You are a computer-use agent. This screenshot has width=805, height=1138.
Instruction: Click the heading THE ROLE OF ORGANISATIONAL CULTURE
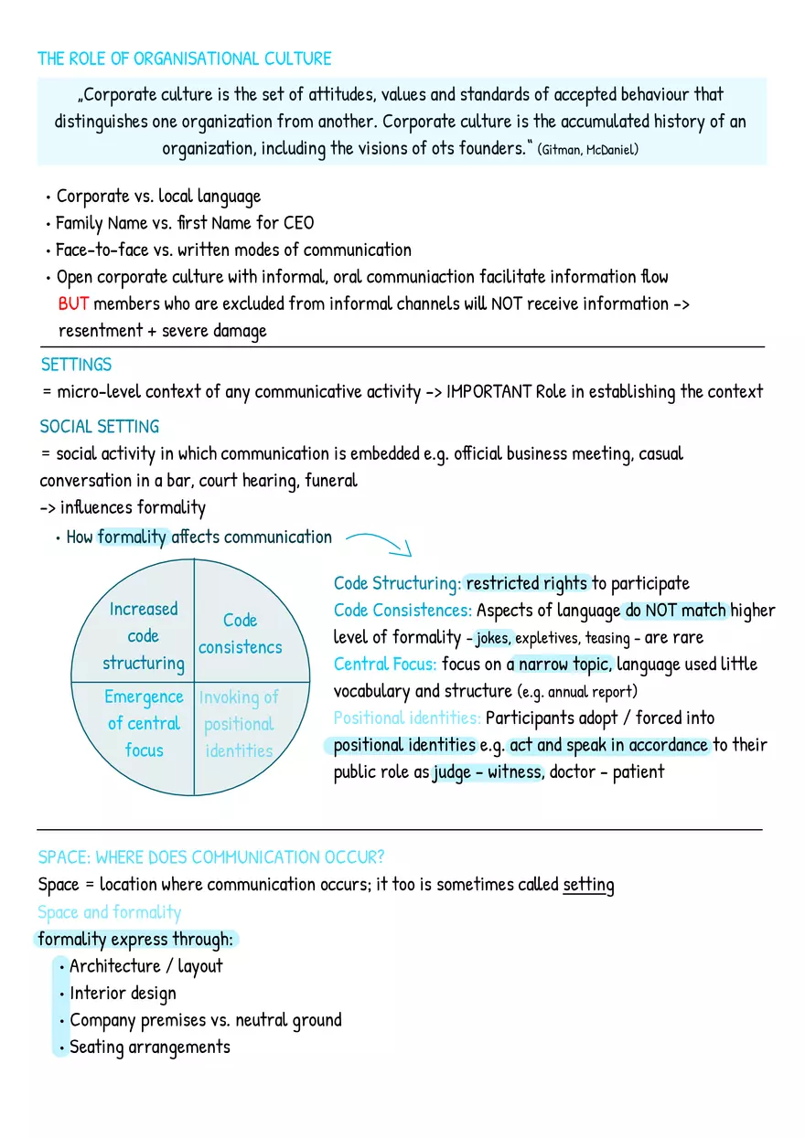tap(184, 59)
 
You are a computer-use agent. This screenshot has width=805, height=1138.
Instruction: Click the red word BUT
tap(73, 303)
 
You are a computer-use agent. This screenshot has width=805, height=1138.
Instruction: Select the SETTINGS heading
tap(76, 365)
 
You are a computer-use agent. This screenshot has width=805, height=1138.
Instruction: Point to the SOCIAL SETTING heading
tap(99, 427)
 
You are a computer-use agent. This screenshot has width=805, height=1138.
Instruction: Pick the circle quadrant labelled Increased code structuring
tap(143, 635)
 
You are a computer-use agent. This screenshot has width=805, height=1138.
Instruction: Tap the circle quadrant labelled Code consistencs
tap(240, 633)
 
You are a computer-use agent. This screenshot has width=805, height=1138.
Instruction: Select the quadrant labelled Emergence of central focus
tap(144, 723)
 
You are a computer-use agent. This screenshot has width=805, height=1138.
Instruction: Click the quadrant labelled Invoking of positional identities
tap(238, 724)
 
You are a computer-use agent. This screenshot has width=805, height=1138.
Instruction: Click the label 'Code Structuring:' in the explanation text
tap(397, 583)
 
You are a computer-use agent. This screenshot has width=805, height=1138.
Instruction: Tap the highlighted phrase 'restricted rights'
tap(526, 583)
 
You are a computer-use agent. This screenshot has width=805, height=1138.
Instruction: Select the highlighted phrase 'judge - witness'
tap(488, 772)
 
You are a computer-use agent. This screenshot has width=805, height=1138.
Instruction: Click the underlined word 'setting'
tap(588, 885)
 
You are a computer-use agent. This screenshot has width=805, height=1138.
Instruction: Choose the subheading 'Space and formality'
tap(109, 912)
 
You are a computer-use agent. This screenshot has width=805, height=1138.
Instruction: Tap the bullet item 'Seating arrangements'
tap(149, 1048)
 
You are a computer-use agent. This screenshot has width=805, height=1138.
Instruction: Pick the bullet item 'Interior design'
tap(123, 994)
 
